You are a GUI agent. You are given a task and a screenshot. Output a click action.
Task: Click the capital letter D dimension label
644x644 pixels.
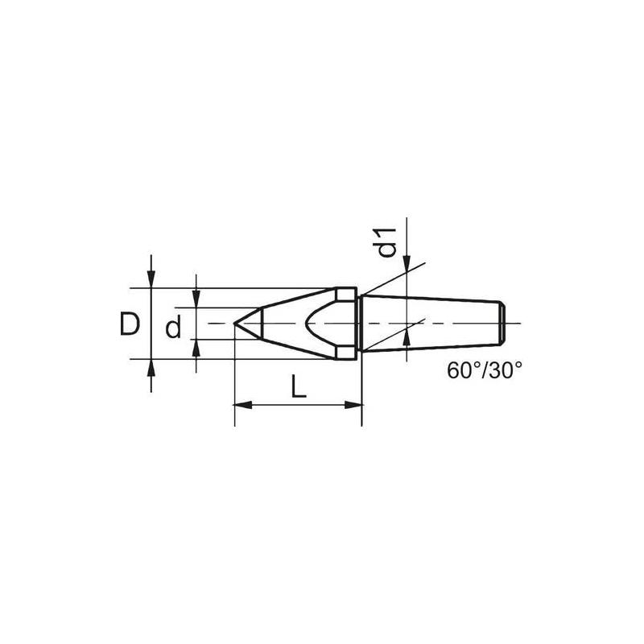pos(129,324)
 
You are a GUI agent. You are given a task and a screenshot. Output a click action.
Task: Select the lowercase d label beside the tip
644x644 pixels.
pos(171,328)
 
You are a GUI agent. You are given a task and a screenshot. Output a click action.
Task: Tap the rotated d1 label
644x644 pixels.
pos(389,242)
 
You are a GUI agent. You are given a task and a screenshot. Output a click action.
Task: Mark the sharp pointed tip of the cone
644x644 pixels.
pos(234,323)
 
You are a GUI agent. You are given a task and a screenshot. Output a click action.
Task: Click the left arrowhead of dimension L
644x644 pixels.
pos(239,405)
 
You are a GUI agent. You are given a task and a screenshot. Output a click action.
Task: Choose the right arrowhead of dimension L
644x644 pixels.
pos(356,405)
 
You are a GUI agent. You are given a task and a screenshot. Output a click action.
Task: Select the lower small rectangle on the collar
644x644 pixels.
pos(346,353)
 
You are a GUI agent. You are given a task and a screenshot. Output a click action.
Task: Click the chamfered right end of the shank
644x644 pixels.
pos(502,323)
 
